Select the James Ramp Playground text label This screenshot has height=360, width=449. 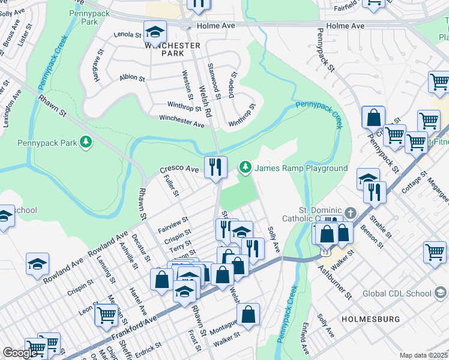point(301,168)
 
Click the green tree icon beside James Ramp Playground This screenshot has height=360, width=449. point(245,167)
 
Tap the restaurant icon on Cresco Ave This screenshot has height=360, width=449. point(215,167)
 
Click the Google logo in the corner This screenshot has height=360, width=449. point(20,353)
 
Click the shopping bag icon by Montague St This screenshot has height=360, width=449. point(248,314)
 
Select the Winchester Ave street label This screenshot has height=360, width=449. point(181,122)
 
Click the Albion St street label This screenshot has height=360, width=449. point(132,78)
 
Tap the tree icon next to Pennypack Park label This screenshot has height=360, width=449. point(86,142)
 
